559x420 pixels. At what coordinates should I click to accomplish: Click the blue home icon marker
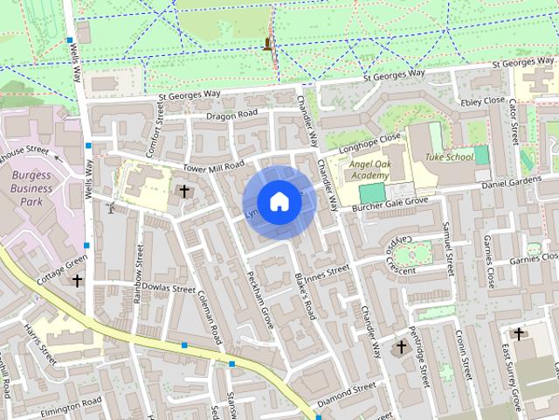[x=279, y=202]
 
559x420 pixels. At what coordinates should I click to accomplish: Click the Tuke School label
[x=449, y=157]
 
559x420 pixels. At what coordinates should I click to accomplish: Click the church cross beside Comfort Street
[x=183, y=190]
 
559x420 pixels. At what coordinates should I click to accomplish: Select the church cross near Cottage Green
[x=78, y=282]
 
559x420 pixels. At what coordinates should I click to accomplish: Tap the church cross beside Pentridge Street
[x=401, y=347]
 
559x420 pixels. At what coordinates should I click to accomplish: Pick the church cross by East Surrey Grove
[x=519, y=333]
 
